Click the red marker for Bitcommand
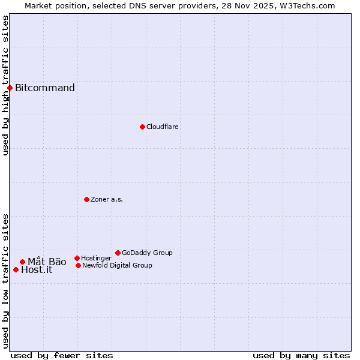[10, 88]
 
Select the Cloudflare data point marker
[142, 127]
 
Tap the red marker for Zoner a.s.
[86, 199]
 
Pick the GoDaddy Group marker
[118, 253]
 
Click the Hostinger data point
[77, 258]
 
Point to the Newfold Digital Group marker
[78, 265]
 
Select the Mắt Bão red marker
[22, 262]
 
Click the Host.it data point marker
[16, 269]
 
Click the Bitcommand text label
[45, 88]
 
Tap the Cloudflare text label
[163, 127]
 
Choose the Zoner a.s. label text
[107, 199]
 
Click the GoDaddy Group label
[147, 253]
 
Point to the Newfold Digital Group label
[117, 265]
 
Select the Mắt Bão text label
[47, 262]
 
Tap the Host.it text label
[37, 270]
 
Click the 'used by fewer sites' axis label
[62, 355]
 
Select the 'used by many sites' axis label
[301, 355]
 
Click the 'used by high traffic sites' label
[5, 85]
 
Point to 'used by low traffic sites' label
[5, 281]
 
